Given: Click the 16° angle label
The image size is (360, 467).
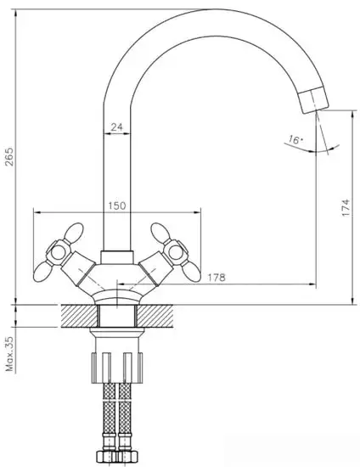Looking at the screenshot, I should (294, 139).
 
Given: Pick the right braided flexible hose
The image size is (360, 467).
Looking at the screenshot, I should (127, 417).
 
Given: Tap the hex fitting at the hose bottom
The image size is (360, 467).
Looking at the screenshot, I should (117, 455).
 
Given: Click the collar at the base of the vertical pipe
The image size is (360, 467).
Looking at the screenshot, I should (116, 257).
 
